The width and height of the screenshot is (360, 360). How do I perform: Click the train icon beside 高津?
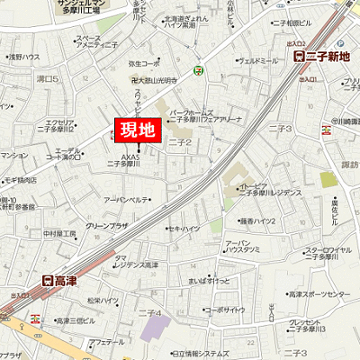tap(48, 281)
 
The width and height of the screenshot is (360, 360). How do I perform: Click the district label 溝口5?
tap(46, 80)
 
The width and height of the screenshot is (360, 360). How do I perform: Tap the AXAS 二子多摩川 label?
tap(123, 161)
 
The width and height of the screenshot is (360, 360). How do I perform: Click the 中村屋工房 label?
tap(59, 233)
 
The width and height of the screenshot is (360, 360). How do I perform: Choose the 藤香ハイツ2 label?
tap(259, 220)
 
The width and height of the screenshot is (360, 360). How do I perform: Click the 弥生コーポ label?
tap(143, 65)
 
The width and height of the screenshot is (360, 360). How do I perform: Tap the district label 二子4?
tap(150, 312)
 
